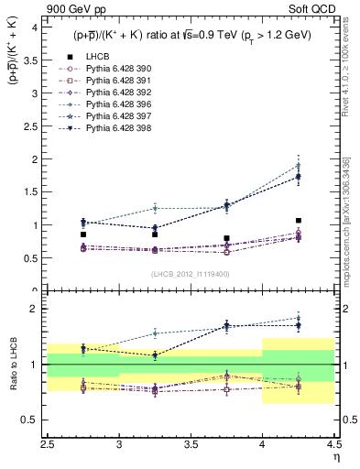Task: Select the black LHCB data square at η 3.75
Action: (x=227, y=238)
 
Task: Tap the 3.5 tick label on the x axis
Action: (x=190, y=444)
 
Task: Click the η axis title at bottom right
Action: (x=335, y=455)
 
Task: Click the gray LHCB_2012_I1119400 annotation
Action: (x=190, y=274)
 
